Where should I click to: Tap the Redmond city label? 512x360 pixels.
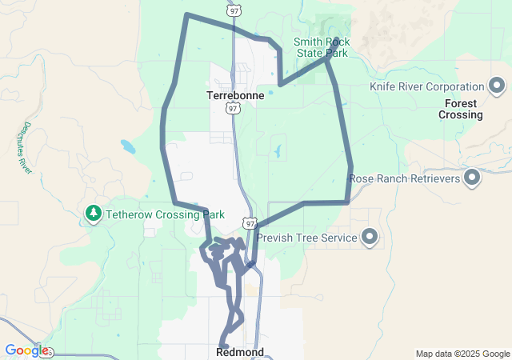[240, 352]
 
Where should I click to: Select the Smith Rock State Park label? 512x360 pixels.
[321, 47]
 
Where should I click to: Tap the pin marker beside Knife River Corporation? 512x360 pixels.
[496, 86]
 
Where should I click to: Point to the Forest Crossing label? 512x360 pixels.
[461, 109]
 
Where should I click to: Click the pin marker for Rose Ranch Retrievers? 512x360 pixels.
[472, 178]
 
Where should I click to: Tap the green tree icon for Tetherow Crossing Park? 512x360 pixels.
[94, 214]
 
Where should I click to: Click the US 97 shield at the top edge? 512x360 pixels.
[233, 11]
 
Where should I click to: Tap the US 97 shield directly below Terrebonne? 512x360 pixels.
[233, 108]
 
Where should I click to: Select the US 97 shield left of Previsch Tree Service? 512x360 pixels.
[250, 224]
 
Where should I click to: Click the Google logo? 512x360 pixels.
[26, 350]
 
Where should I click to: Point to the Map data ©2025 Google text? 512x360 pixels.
[462, 354]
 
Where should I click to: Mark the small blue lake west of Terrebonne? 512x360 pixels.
[128, 146]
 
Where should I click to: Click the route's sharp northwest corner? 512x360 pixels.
[186, 14]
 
